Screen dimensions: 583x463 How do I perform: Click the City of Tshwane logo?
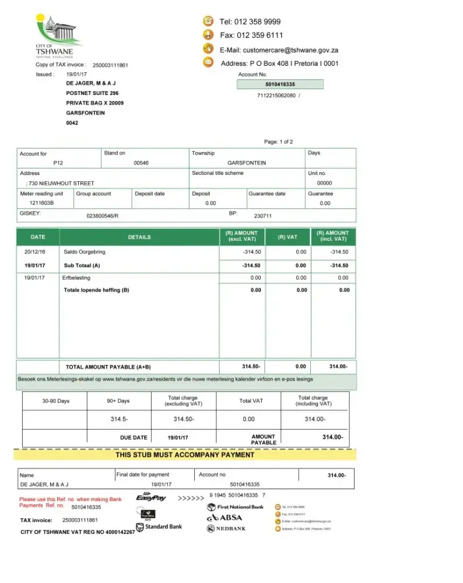click(x=58, y=35)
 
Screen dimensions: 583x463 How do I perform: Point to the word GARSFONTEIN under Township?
click(x=246, y=163)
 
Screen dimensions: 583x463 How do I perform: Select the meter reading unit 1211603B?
click(x=41, y=203)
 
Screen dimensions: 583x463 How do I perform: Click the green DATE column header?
click(x=37, y=237)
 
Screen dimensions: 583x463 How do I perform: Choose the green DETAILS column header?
click(x=139, y=237)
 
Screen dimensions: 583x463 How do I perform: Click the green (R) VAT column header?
click(x=287, y=237)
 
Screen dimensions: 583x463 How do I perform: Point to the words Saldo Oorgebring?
click(x=85, y=252)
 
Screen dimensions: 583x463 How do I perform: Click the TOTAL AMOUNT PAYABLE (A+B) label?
click(x=108, y=367)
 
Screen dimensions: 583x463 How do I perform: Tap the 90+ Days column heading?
click(x=118, y=401)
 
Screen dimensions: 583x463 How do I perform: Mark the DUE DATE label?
click(x=133, y=437)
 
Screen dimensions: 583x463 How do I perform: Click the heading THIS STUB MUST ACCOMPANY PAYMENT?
click(x=184, y=455)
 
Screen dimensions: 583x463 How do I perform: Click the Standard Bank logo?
click(x=159, y=527)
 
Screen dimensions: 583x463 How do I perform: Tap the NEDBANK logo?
click(x=226, y=529)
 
